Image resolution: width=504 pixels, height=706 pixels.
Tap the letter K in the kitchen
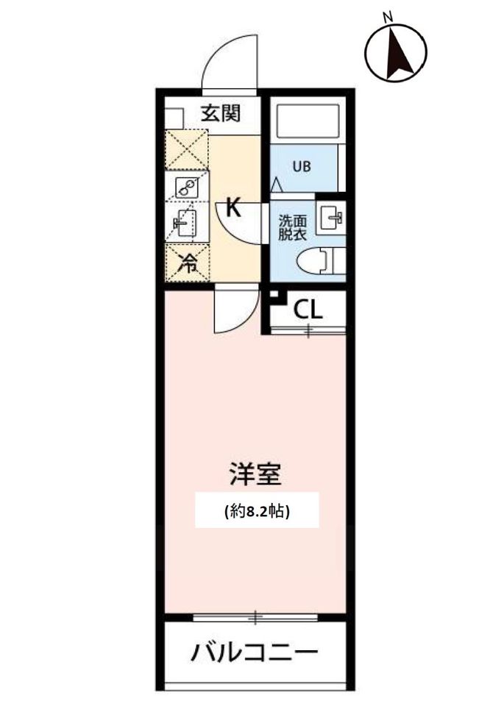click(233, 208)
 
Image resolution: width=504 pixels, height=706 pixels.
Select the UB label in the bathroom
click(302, 167)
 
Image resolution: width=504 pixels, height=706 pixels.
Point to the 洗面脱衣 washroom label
click(292, 227)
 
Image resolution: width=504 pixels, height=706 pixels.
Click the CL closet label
click(308, 310)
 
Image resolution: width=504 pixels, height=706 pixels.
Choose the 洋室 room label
click(255, 474)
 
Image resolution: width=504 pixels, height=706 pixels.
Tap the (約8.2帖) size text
click(257, 510)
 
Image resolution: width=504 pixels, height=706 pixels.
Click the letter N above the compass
click(388, 18)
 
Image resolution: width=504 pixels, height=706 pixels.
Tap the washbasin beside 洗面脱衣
click(331, 218)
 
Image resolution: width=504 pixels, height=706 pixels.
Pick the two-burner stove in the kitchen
click(186, 187)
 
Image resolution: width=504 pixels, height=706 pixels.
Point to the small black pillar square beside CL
click(274, 296)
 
